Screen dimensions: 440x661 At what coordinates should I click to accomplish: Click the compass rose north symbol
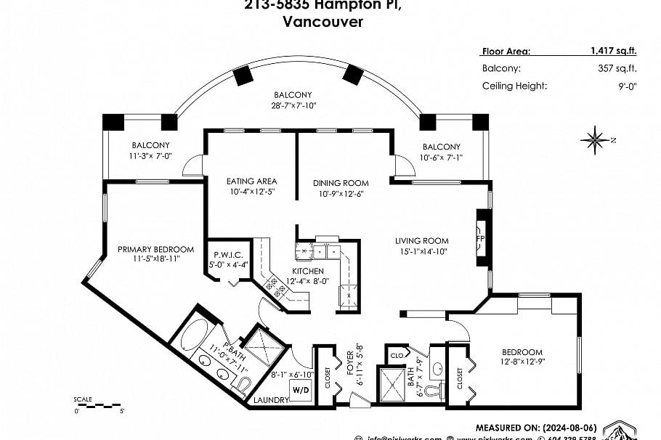596,139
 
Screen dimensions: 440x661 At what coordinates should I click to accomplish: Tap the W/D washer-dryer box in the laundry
301,390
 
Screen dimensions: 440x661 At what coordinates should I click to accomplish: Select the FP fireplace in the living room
479,238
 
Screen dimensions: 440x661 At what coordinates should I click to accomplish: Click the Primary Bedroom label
155,249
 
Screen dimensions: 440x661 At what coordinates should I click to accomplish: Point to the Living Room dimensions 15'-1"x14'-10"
421,251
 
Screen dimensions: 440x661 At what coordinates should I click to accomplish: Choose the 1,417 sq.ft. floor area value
613,51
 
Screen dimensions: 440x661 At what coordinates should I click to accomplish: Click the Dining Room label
341,183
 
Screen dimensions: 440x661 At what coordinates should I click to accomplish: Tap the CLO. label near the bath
397,357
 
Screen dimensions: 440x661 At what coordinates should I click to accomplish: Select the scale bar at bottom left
97,403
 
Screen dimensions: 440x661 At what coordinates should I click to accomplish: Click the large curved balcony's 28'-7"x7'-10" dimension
293,105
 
